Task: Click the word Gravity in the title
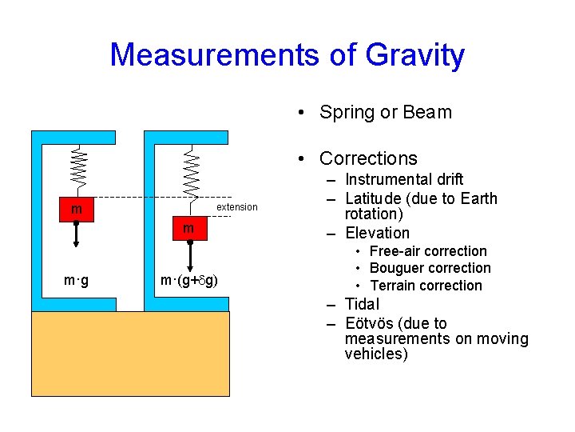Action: point(414,55)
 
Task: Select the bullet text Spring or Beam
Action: point(385,112)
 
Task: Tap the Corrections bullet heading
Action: point(368,158)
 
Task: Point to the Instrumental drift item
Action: point(403,179)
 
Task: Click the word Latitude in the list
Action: point(378,198)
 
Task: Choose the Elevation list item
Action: point(377,233)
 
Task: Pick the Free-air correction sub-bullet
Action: point(428,251)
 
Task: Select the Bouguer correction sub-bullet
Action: point(430,268)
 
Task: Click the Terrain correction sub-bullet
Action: point(426,286)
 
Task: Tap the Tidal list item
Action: point(362,304)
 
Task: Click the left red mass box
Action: point(77,209)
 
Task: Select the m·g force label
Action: point(77,281)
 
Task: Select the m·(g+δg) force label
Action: point(190,281)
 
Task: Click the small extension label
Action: point(237,207)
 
